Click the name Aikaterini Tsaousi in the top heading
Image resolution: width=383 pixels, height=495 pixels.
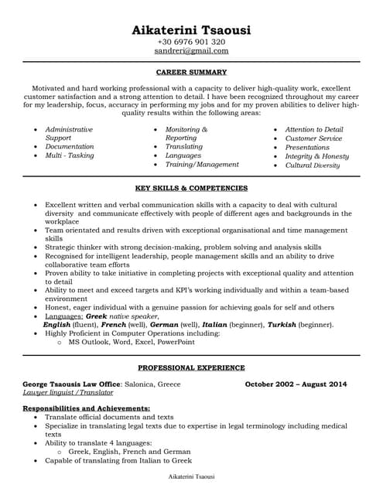tap(191, 29)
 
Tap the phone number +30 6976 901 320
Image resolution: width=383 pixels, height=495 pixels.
tap(191, 42)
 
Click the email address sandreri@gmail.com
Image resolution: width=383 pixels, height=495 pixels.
tap(191, 51)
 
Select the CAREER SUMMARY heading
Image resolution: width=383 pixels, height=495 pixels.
tap(191, 72)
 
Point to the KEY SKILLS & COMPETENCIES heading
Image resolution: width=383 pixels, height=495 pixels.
tap(191, 188)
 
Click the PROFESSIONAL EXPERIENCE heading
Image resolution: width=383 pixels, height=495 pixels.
tap(191, 367)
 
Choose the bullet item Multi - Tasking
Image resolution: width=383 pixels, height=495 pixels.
tap(70, 155)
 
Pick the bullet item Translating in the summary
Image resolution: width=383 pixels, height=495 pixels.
tap(184, 146)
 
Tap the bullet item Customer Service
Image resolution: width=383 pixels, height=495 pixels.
tap(313, 138)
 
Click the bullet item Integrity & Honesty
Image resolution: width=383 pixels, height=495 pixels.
tap(316, 155)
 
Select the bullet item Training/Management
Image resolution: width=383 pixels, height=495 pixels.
tap(202, 165)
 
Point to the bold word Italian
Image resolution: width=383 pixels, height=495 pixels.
tap(214, 325)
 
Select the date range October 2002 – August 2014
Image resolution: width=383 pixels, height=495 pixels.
tap(296, 384)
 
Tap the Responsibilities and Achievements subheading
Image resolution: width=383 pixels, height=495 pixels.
tap(86, 408)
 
